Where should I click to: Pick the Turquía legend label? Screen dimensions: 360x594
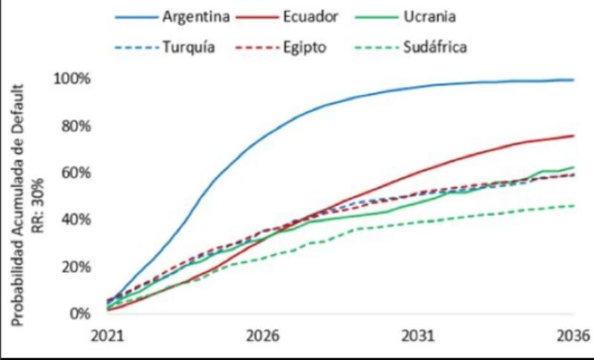coord(189,48)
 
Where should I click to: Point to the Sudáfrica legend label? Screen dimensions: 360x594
coord(435,48)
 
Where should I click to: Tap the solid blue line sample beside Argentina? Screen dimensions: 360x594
coord(136,16)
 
